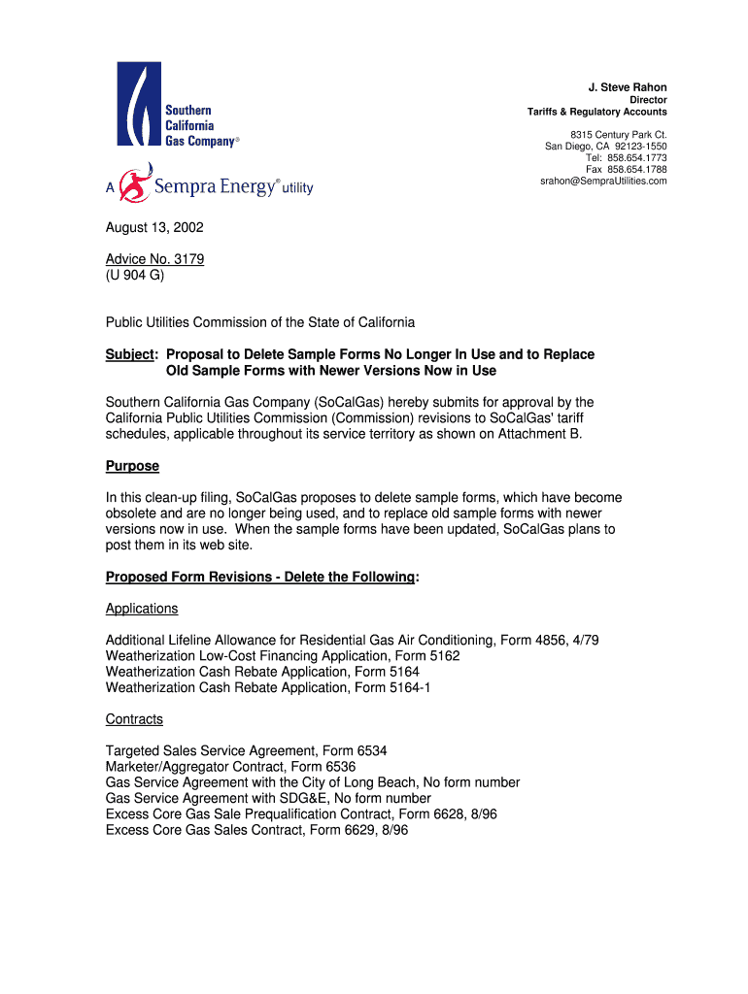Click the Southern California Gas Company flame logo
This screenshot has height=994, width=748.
point(139,105)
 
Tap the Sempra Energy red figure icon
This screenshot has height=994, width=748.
point(134,183)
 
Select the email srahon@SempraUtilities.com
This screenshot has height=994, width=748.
point(603,182)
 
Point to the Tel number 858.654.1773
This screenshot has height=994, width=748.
point(637,158)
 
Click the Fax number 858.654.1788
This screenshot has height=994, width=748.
point(637,170)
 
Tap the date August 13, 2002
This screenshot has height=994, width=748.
point(154,228)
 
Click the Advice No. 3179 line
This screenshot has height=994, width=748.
point(154,259)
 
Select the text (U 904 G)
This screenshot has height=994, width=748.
point(135,275)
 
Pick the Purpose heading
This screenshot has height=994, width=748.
point(132,466)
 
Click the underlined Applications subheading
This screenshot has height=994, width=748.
point(142,609)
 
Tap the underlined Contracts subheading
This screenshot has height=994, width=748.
point(134,719)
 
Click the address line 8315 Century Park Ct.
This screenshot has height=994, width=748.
point(619,134)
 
